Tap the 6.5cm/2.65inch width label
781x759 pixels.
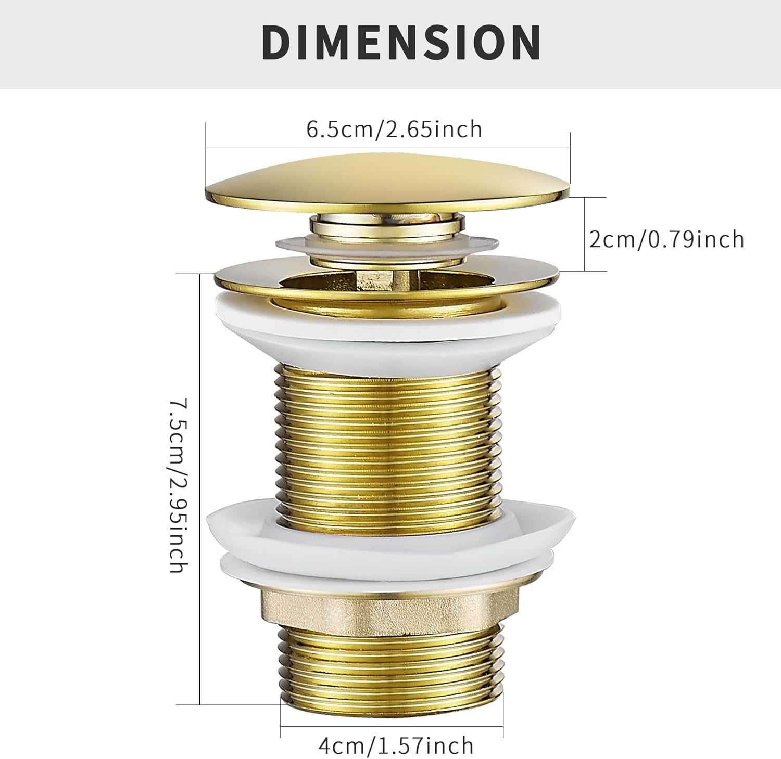pos(394,129)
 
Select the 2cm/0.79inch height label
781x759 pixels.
pos(666,239)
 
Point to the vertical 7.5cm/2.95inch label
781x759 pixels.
pos(178,485)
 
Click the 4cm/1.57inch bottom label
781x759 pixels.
pos(396,745)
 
